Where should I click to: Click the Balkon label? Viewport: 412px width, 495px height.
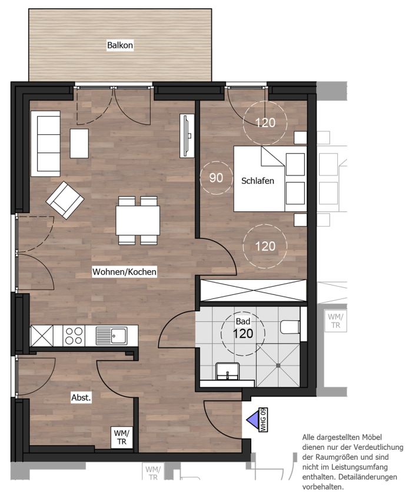[120, 45]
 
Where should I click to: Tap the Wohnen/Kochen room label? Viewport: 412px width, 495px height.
[124, 271]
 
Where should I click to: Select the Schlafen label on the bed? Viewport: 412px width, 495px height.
[258, 181]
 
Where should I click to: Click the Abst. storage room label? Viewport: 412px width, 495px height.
[81, 397]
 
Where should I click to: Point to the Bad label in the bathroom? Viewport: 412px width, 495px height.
[243, 321]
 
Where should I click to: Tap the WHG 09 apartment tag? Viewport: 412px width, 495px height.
[263, 420]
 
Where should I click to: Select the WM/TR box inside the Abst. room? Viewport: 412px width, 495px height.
[122, 437]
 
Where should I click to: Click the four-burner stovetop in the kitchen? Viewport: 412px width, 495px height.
[74, 335]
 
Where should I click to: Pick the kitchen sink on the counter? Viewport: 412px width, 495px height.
[111, 335]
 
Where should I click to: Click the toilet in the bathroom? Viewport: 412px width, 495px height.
[290, 327]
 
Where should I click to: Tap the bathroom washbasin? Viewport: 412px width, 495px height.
[227, 371]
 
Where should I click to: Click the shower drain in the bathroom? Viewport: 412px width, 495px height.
[278, 366]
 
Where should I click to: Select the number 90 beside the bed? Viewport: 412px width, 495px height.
[216, 178]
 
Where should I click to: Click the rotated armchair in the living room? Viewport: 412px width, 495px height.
[65, 200]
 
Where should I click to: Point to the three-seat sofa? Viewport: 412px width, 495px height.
[45, 144]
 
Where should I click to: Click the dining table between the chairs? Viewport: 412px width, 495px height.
[138, 220]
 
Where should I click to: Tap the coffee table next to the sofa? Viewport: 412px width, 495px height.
[79, 144]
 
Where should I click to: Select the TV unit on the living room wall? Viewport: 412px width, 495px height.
[187, 135]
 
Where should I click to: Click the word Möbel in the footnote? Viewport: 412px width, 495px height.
[371, 437]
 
